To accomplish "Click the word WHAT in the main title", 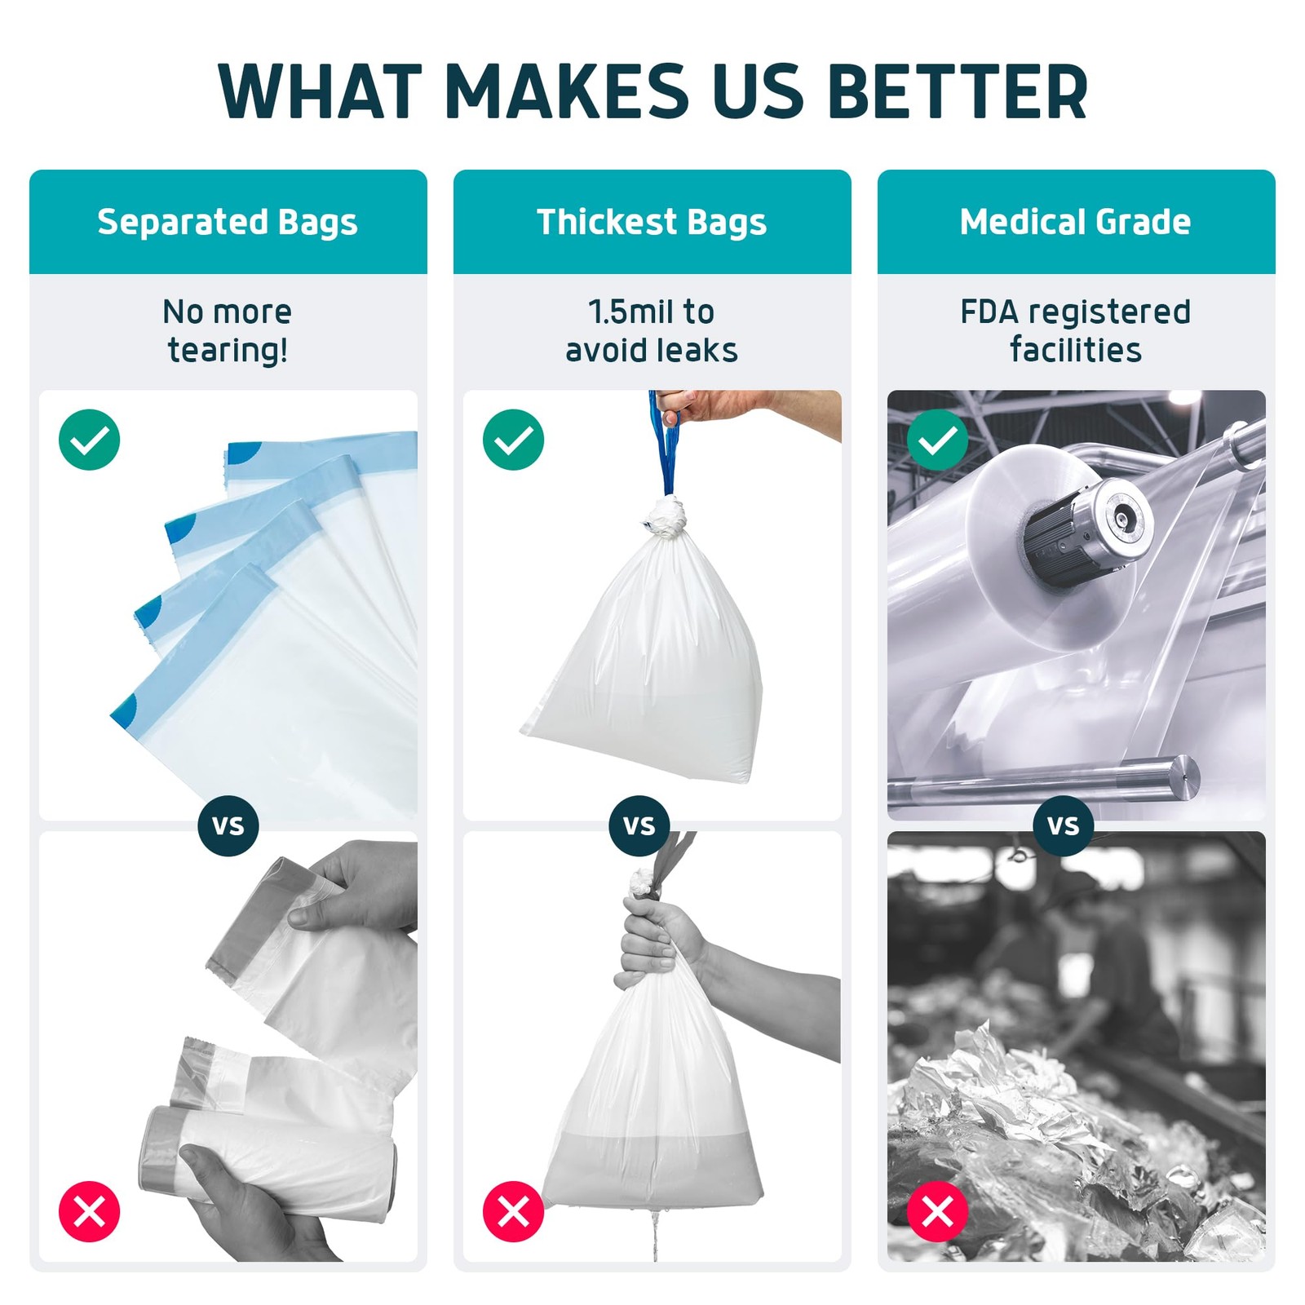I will tap(320, 91).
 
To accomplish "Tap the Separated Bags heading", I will tap(228, 222).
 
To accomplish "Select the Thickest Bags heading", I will tap(652, 222).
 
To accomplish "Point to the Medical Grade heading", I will tap(1075, 222).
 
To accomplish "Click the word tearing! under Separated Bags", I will tap(228, 351).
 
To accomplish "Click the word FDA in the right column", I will tap(989, 312).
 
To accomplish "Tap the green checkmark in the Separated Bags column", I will tap(90, 440).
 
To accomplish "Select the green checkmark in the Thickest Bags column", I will tap(514, 440).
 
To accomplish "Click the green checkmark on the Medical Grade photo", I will tap(938, 440).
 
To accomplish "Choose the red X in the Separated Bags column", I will tap(90, 1211).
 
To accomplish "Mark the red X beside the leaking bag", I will tap(514, 1211).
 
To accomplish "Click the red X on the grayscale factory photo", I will tap(938, 1211).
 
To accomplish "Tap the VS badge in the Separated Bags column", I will tap(228, 825).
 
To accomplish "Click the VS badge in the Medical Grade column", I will tap(1064, 825).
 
